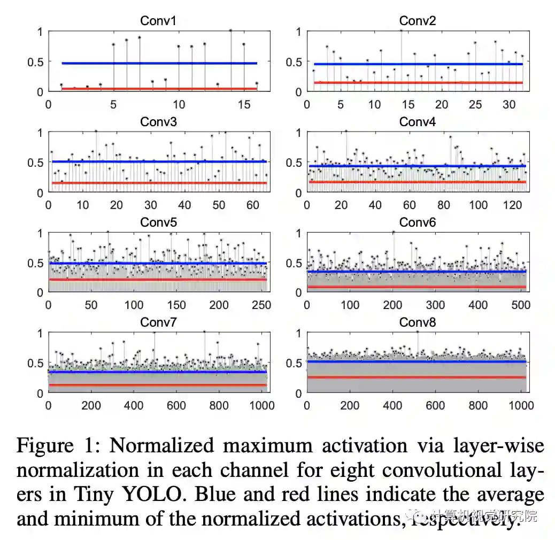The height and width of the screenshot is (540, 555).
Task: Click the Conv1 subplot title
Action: pyautogui.click(x=158, y=21)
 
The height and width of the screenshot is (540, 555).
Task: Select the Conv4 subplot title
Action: pyautogui.click(x=417, y=122)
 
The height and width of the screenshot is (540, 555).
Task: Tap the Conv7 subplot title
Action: pyautogui.click(x=158, y=322)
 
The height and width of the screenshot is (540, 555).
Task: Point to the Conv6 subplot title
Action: pyautogui.click(x=417, y=222)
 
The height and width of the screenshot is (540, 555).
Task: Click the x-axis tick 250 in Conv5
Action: pyautogui.click(x=261, y=305)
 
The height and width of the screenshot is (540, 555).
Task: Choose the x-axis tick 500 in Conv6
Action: pyautogui.click(x=521, y=305)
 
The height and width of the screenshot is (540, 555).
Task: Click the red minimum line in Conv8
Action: pyautogui.click(x=417, y=377)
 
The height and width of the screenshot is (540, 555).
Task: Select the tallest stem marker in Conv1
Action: pyautogui.click(x=230, y=30)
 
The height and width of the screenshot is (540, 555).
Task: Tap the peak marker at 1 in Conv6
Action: pyautogui.click(x=394, y=232)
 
